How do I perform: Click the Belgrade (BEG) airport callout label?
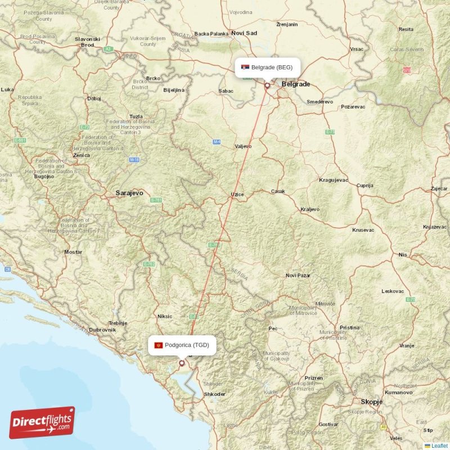[x=268, y=67]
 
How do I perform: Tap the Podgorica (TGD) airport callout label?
[x=182, y=345]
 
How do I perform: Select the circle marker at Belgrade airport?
[x=267, y=86]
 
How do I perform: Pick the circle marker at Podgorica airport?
[x=182, y=363]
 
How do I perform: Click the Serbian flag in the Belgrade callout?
[x=244, y=67]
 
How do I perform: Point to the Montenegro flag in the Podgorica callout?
[x=158, y=345]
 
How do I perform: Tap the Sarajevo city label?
[x=129, y=193]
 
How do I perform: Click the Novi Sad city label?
[x=244, y=33]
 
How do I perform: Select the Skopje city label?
[x=372, y=402]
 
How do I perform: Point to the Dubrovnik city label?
[x=102, y=330]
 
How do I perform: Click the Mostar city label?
[x=73, y=252]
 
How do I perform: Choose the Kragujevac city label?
[x=334, y=180]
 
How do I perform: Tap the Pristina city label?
[x=349, y=327]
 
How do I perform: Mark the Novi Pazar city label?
[x=298, y=276]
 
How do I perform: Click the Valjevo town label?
[x=243, y=146]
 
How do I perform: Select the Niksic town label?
[x=165, y=316]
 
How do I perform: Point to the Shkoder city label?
[x=215, y=394]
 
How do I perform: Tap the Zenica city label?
[x=81, y=155]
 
